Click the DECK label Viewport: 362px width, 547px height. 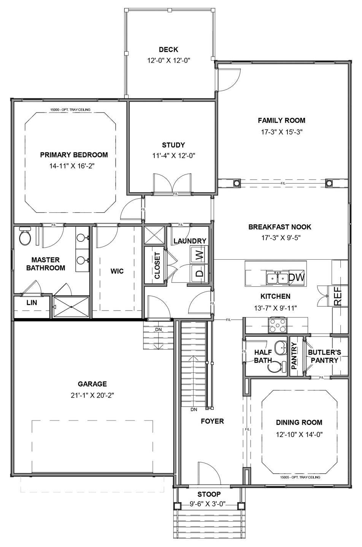(x=168, y=49)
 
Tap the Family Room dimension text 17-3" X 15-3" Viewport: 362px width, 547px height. (x=282, y=132)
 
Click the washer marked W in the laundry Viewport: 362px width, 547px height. (x=200, y=255)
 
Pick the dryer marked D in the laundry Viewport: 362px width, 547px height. (x=200, y=273)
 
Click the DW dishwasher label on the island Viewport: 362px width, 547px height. (x=297, y=277)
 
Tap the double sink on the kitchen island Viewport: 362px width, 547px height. (x=278, y=277)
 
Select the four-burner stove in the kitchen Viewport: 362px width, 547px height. (x=277, y=325)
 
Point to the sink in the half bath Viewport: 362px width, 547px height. (x=281, y=347)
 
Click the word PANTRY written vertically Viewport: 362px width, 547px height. (x=294, y=355)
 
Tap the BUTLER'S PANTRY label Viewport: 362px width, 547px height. (x=324, y=356)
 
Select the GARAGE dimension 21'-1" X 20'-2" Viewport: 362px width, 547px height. (x=92, y=395)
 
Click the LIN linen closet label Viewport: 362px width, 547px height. (x=32, y=303)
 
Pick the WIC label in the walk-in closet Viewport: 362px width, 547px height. (x=117, y=271)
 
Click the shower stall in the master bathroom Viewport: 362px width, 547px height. (x=71, y=307)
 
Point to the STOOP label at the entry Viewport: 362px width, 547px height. (x=209, y=494)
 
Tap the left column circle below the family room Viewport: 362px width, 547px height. (x=237, y=183)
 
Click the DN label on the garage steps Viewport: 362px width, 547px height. (x=158, y=330)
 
